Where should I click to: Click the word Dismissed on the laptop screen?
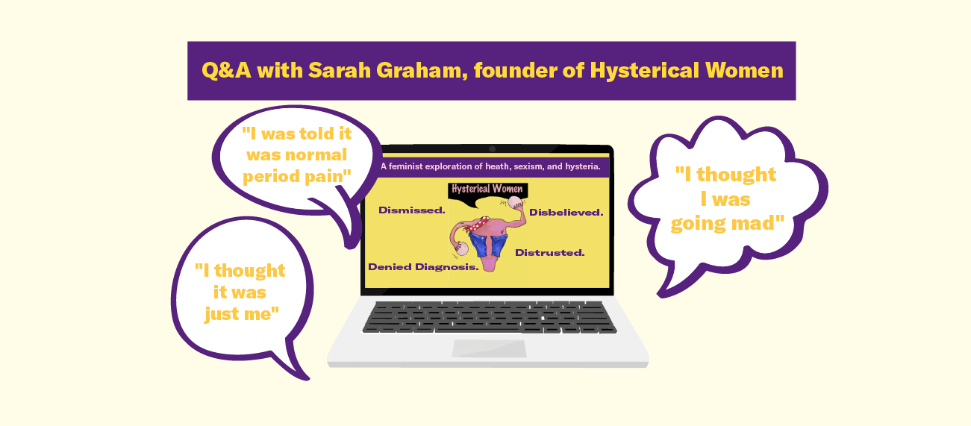click(x=411, y=210)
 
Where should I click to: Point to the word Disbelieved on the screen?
click(x=566, y=213)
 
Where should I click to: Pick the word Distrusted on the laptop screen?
click(x=549, y=252)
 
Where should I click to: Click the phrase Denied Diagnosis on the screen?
click(x=423, y=266)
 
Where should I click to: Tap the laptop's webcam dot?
click(x=492, y=149)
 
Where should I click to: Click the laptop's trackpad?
click(x=488, y=348)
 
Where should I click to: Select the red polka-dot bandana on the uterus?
click(x=480, y=222)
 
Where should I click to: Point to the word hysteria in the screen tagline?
click(x=580, y=166)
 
